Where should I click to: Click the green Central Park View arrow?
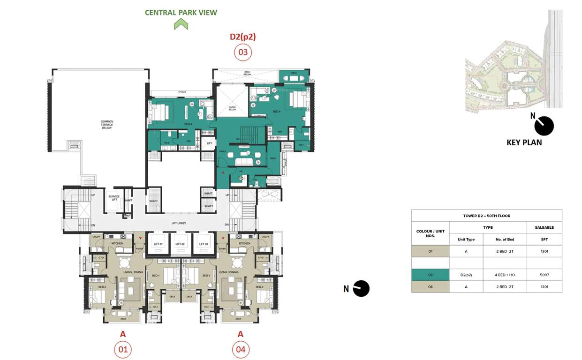click(181, 24)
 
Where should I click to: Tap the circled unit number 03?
click(243, 52)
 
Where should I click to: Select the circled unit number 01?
click(123, 349)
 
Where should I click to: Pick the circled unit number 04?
click(241, 349)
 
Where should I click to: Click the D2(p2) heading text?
click(242, 37)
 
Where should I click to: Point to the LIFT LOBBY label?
click(179, 223)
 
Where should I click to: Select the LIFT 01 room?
click(158, 244)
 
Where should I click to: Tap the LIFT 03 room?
click(203, 244)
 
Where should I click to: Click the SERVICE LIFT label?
click(113, 198)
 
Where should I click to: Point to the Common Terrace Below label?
click(107, 125)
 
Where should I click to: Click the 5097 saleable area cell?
click(544, 275)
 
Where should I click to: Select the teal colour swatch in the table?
click(430, 275)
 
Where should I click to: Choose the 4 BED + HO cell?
click(505, 275)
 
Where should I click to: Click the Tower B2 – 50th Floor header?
click(486, 216)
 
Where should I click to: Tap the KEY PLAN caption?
click(524, 142)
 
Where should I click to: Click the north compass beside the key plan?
click(544, 126)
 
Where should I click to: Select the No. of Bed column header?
click(505, 240)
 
